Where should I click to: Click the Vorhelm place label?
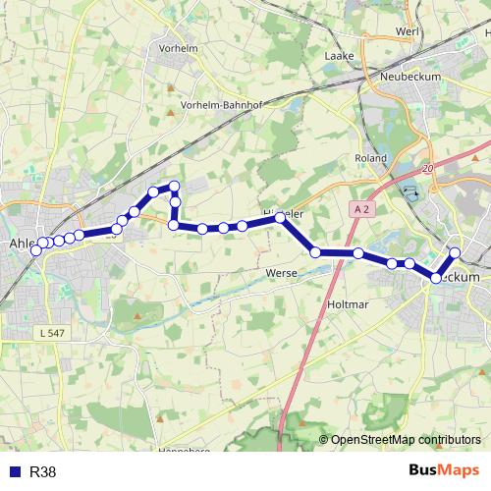click(178, 48)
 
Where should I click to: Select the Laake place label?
click(338, 56)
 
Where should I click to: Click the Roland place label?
click(371, 157)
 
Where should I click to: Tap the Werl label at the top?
click(407, 31)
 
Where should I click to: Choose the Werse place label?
click(281, 272)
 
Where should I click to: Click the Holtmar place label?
click(345, 304)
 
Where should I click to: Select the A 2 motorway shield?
click(360, 209)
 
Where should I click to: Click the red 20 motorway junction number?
click(427, 169)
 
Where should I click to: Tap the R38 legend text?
click(43, 472)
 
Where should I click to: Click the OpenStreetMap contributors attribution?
click(405, 440)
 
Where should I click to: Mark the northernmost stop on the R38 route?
click(175, 186)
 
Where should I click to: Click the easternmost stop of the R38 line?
click(455, 252)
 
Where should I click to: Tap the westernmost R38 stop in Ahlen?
click(36, 250)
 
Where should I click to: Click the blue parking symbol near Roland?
click(410, 192)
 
